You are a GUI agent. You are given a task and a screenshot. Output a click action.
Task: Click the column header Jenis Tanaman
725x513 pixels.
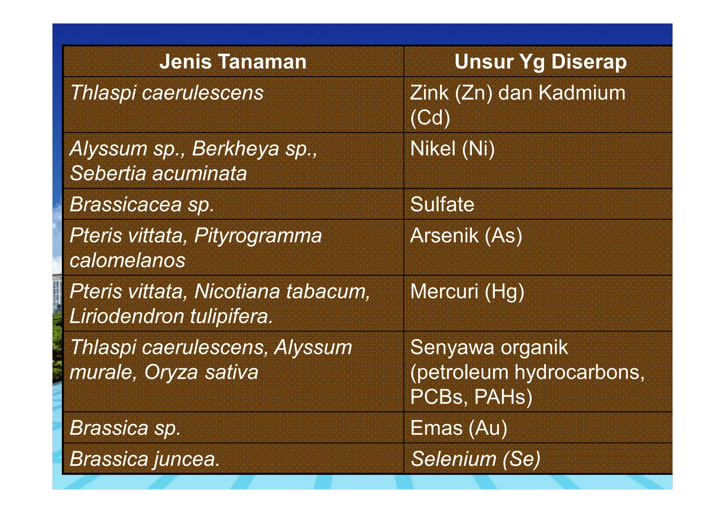233,62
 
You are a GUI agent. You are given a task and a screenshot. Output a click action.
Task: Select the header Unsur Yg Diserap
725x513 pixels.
540,62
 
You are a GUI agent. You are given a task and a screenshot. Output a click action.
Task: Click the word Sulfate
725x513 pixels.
442,205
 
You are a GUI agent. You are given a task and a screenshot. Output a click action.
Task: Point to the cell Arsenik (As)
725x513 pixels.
466,235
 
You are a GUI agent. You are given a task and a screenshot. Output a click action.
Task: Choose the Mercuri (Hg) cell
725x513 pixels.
467,291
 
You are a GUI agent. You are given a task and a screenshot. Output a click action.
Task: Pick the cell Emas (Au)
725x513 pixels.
458,428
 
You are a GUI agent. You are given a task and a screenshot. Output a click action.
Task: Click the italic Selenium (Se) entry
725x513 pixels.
475,459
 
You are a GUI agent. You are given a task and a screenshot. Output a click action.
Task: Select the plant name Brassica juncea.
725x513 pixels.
144,459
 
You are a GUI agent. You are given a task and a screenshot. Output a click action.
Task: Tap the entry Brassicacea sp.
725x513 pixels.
142,205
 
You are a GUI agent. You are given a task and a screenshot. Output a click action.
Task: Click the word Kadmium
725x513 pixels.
582,93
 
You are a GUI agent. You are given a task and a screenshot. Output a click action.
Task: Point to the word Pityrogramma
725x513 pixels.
258,235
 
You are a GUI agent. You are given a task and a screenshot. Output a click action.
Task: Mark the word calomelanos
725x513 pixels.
127,261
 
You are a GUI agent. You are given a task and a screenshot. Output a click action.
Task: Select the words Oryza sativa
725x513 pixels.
201,372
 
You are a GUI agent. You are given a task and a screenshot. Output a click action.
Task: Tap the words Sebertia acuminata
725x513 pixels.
158,174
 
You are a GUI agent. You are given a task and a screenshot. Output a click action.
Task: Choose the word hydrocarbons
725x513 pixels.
580,372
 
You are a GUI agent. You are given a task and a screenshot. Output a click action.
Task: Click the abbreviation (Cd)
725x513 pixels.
430,118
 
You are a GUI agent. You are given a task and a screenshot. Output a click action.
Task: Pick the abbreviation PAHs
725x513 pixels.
503,397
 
